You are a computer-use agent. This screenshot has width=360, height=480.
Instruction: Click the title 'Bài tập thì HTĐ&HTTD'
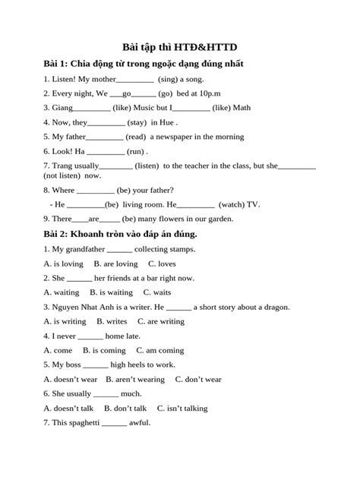pos(179,46)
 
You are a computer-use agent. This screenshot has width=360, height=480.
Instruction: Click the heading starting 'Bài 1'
pos(144,64)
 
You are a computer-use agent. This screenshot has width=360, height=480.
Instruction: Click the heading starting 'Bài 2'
pos(120,235)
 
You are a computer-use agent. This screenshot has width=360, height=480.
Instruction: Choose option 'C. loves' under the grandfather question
pos(162,264)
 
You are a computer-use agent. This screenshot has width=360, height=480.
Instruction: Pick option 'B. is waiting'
pos(111,292)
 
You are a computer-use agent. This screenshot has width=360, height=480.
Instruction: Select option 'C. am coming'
pos(159,350)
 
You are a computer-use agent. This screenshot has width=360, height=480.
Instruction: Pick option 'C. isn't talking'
pos(172,408)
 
